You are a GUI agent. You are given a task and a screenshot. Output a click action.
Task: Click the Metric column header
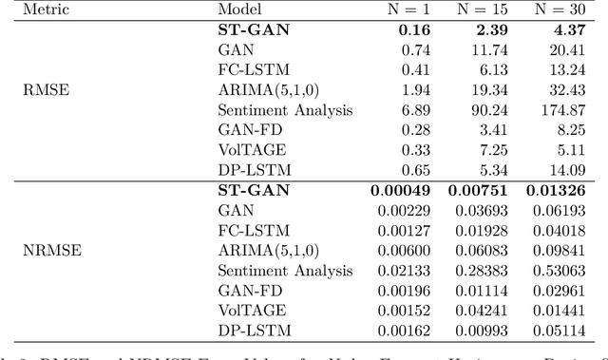tap(46, 10)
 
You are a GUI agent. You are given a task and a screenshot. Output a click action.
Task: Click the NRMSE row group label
tap(47, 252)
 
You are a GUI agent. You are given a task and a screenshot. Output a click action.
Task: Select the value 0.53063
tap(557, 271)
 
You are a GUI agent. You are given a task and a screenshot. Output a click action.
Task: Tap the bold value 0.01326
tap(557, 191)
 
